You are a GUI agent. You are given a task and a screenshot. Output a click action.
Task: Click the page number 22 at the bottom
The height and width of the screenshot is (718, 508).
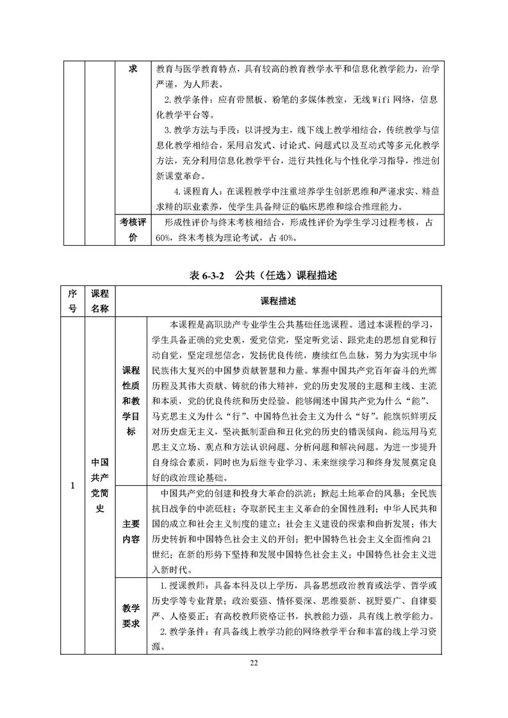(254, 662)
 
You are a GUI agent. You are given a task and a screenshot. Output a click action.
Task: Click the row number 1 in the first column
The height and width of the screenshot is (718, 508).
(73, 486)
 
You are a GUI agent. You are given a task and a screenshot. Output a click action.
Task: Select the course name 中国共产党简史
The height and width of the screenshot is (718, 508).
(99, 486)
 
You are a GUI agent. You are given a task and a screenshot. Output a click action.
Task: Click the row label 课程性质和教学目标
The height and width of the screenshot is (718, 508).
(131, 401)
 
